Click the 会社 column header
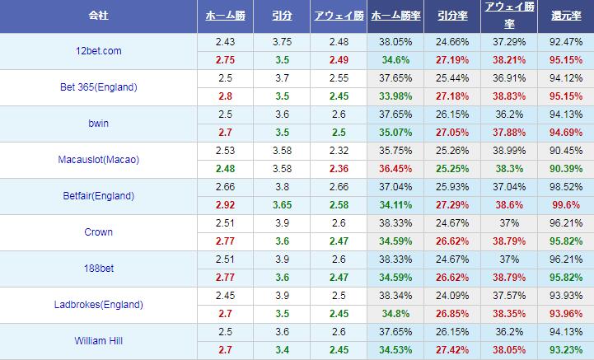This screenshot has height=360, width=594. coord(99,16)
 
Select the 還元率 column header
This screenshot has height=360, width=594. coord(565,16)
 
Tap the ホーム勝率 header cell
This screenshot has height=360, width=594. coord(395,16)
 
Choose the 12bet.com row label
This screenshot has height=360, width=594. coord(99,51)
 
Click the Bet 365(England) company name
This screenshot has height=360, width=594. coord(99,87)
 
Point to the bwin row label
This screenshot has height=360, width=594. coord(99,124)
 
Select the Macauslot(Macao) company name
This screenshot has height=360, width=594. coord(99,160)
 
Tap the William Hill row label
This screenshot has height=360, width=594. coord(99,341)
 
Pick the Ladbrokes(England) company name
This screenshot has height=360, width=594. coord(99,305)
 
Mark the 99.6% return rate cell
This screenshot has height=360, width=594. coord(565,205)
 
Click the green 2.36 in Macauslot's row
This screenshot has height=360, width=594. coord(337,169)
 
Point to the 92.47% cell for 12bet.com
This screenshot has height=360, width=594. coord(565,42)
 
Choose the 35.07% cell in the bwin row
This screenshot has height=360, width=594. coord(395,133)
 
